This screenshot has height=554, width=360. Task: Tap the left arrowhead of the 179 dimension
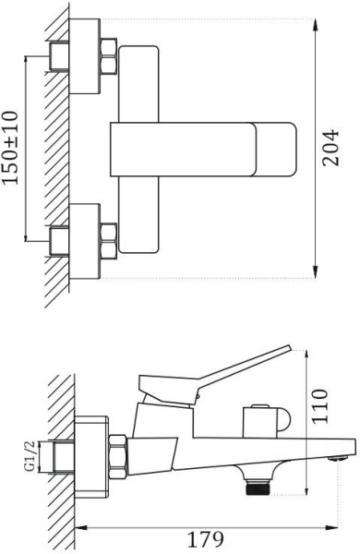pyautogui.click(x=79, y=529)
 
